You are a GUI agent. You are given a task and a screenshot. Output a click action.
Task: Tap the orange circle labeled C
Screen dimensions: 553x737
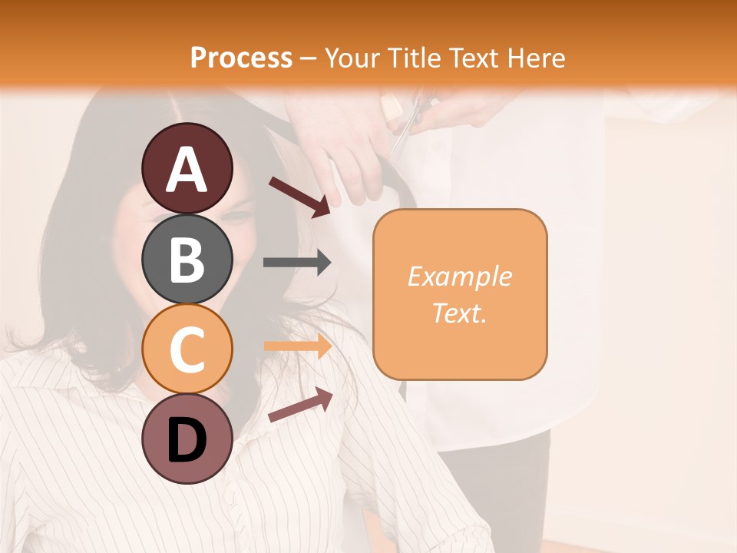coord(187,349)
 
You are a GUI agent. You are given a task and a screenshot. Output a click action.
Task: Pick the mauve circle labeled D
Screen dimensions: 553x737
coord(187,439)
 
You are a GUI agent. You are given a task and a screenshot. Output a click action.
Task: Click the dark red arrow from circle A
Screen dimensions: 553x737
coord(299,196)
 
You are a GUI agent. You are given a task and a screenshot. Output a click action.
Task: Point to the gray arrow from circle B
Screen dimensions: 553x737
coord(297,263)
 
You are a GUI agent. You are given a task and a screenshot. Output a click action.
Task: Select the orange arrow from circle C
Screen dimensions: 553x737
coord(297,346)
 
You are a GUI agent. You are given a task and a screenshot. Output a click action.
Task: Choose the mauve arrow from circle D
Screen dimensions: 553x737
coord(300,406)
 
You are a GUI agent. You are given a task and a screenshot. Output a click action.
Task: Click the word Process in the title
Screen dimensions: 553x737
coord(241,58)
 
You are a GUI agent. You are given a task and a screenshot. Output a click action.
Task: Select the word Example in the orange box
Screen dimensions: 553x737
coord(459,276)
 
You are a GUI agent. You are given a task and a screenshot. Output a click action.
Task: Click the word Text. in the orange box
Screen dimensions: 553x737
coord(459,313)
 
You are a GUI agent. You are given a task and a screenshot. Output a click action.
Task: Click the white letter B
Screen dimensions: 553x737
coord(187,260)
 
